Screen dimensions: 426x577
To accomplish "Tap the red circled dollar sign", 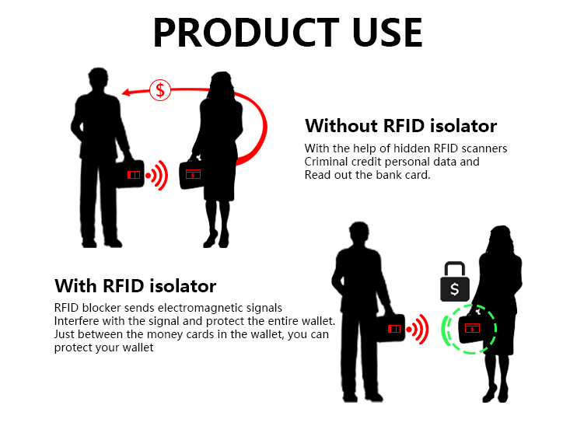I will [160, 89].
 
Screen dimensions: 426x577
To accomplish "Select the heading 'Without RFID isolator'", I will [400, 125].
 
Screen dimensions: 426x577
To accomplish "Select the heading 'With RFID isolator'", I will [135, 285].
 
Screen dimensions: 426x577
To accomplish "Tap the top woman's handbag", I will [192, 175].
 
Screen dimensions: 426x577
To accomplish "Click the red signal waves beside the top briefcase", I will [158, 176].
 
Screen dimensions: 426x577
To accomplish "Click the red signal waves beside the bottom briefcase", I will [420, 330].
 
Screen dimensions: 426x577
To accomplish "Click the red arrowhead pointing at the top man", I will [128, 93].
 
